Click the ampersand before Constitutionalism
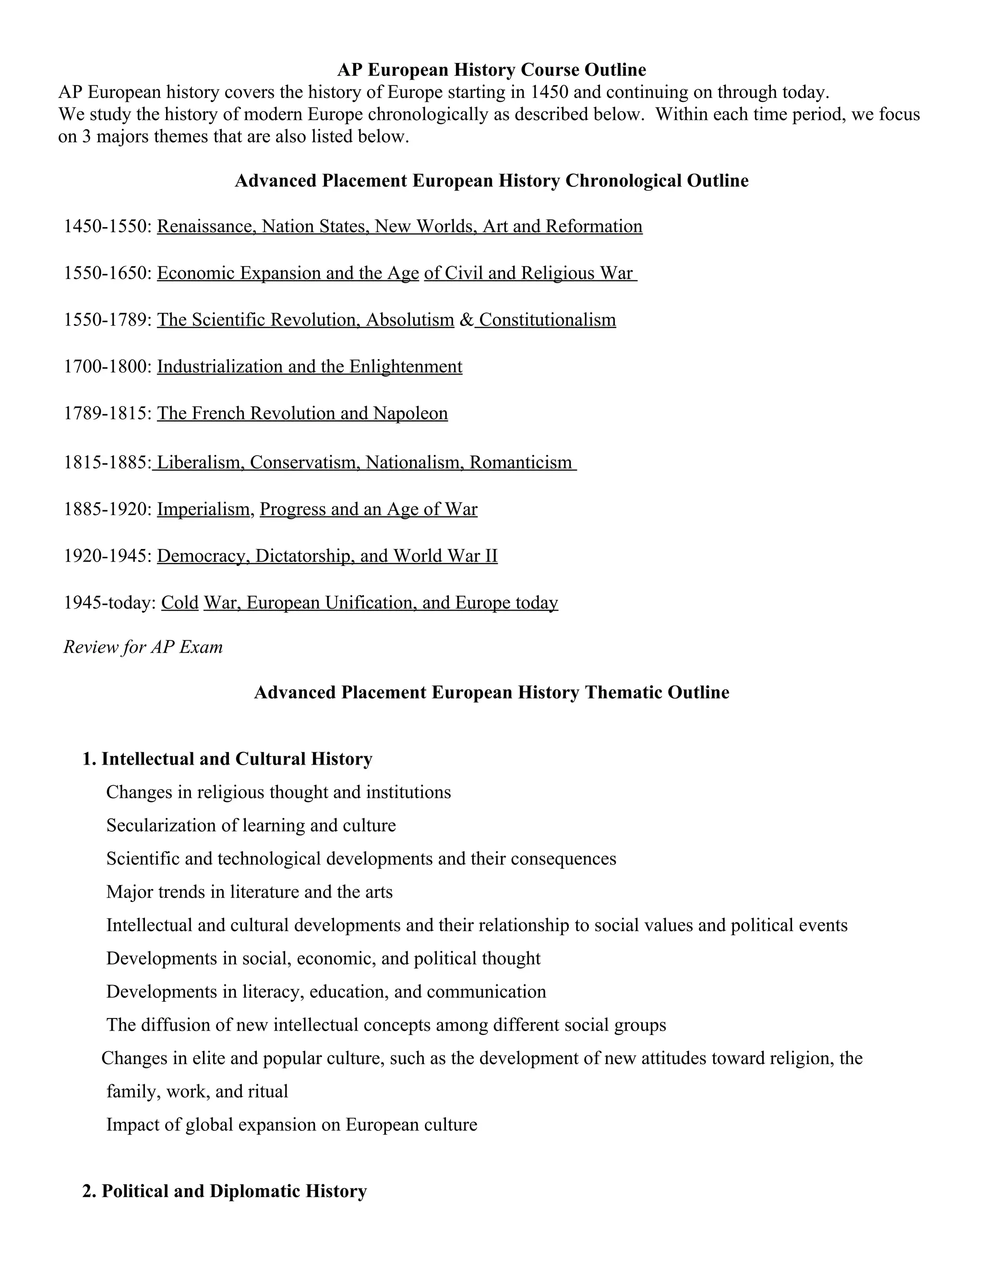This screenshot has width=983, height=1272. tap(467, 320)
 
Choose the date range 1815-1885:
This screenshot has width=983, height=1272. tap(108, 462)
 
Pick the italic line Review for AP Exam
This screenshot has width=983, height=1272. tap(143, 647)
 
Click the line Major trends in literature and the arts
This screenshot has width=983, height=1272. tap(249, 892)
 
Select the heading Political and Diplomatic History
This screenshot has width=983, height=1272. tap(234, 1191)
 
